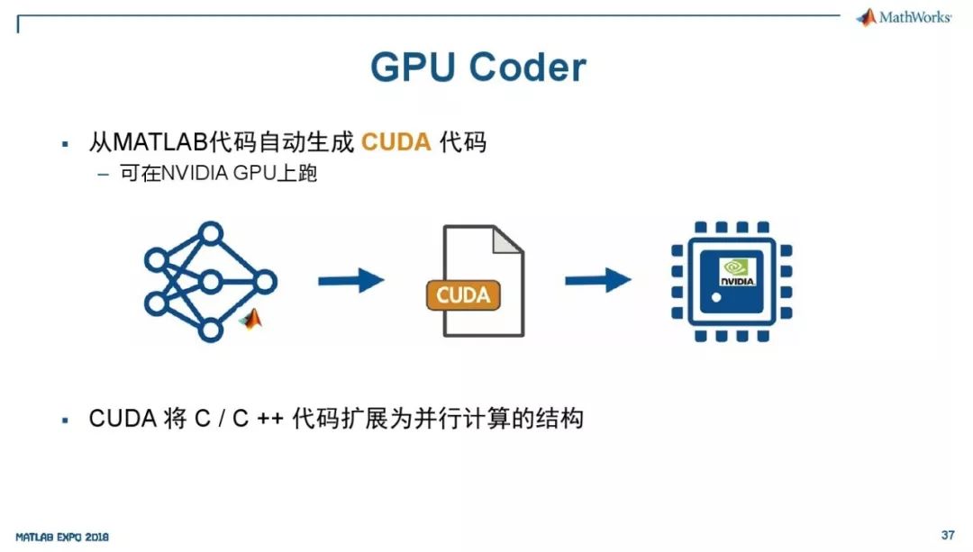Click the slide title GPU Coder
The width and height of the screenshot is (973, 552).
pos(477,67)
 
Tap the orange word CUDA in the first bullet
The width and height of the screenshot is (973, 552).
pos(396,142)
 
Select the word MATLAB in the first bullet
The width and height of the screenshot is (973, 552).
pos(160,142)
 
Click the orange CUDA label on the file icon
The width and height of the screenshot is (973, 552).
pos(463,295)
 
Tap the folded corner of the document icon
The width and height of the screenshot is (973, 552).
pos(507,240)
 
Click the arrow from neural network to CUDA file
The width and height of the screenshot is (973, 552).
pos(351,281)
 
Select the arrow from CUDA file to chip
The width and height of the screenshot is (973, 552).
pos(597,280)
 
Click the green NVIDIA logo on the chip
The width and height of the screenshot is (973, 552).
pos(737,272)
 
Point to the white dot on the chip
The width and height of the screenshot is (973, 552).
pos(716,298)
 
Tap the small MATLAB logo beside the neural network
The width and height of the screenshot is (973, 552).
pos(250,319)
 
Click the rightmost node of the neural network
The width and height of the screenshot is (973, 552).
pos(265,282)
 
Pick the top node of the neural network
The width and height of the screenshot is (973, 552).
pos(210,233)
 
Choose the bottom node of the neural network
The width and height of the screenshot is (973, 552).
pos(210,330)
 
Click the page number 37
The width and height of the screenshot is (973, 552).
pos(948,535)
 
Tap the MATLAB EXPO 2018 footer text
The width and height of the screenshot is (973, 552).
pos(62,537)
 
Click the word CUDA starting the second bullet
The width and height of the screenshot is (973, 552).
pos(123,419)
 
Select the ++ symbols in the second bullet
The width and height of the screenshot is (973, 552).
pos(270,420)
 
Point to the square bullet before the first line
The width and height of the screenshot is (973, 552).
pos(65,144)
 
